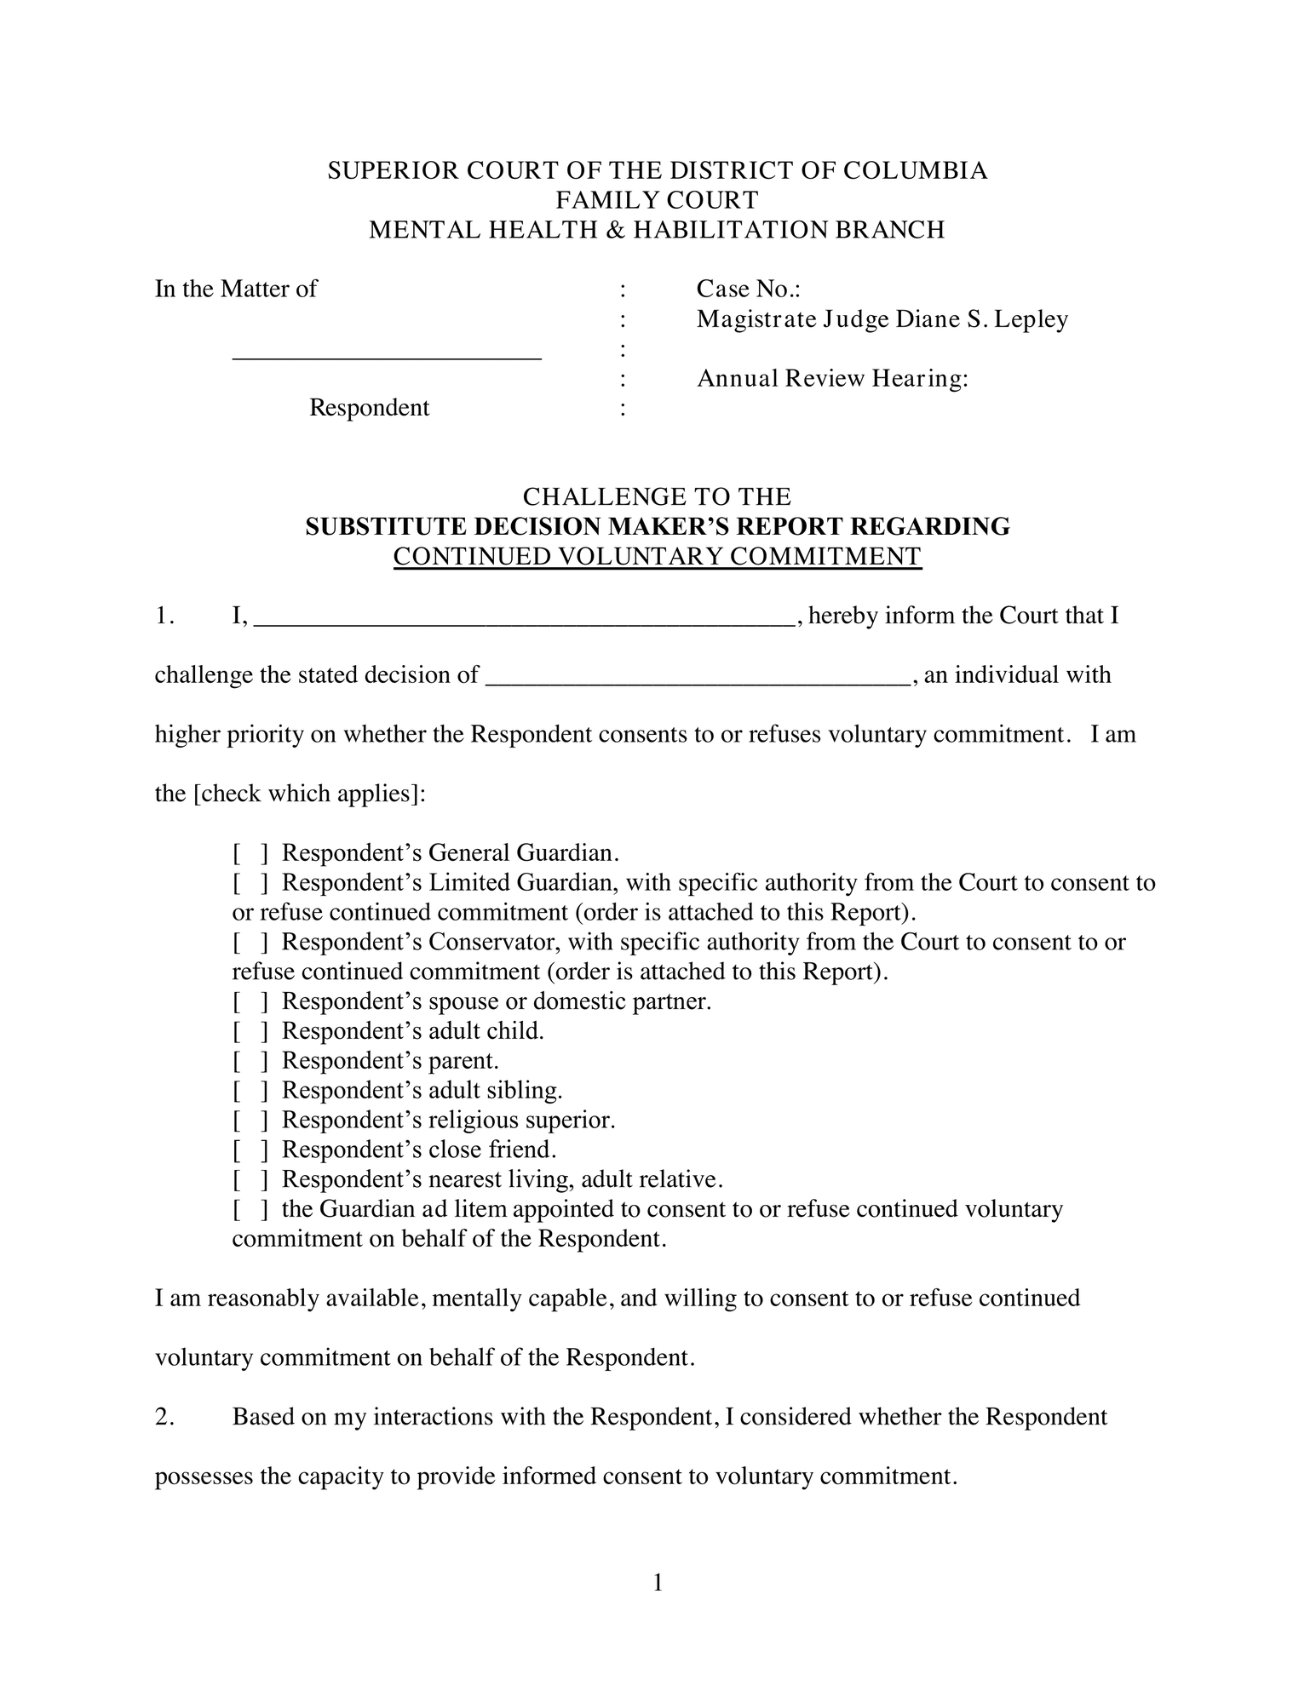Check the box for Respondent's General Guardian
pos(250,853)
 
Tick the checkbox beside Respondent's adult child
pos(250,1032)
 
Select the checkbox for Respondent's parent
pos(250,1062)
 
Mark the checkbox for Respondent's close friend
pos(250,1150)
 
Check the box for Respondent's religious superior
pos(250,1121)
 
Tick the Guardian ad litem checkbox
pos(250,1210)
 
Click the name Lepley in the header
pos(1033,319)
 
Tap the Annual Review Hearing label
pos(832,378)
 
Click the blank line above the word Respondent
pos(387,356)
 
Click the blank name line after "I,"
pos(524,620)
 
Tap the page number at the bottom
pos(658,1583)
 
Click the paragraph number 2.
pos(164,1417)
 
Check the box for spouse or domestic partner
pos(250,1002)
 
